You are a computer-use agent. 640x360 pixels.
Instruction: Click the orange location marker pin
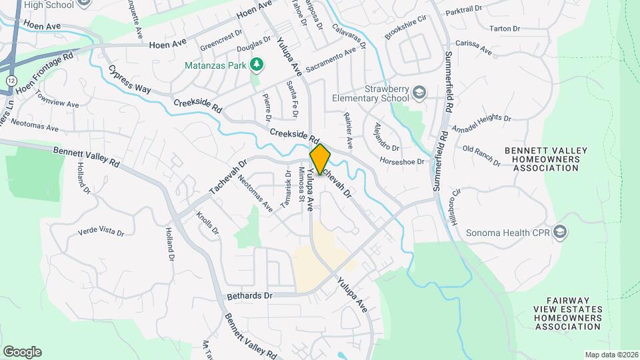coord(320,159)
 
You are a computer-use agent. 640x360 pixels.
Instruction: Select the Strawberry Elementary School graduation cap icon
coord(419,91)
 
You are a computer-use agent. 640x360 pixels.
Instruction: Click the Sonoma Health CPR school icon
coord(560,232)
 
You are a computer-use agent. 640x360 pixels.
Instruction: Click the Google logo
coord(22,351)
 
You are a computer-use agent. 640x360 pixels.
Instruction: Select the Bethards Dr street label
coord(249,295)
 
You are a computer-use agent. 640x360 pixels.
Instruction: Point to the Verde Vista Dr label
coord(101,231)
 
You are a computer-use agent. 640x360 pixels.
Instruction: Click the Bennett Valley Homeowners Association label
coord(551,159)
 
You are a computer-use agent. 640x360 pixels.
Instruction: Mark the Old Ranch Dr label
coord(481,153)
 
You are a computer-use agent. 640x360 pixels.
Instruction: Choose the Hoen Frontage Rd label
coord(43,77)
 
